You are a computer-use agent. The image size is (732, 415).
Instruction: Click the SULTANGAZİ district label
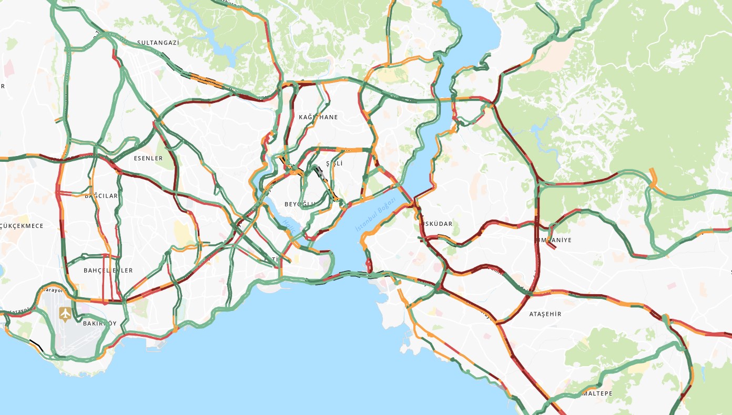(158, 43)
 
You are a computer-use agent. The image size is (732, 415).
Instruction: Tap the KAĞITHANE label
(318, 117)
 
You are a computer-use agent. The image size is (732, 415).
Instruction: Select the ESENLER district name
(148, 158)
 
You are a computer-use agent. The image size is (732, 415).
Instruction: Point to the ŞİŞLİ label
(334, 164)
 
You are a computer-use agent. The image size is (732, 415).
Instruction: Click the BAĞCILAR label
(101, 196)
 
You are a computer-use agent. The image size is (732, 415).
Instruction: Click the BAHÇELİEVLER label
(108, 271)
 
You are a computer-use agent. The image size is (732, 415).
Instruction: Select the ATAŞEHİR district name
(545, 314)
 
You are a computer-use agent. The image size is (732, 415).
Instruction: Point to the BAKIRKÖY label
(99, 324)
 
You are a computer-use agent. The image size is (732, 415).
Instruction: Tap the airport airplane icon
(65, 314)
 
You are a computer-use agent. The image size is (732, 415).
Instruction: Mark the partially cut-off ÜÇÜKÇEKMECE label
(22, 226)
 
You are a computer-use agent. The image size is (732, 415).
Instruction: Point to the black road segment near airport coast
(36, 345)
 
